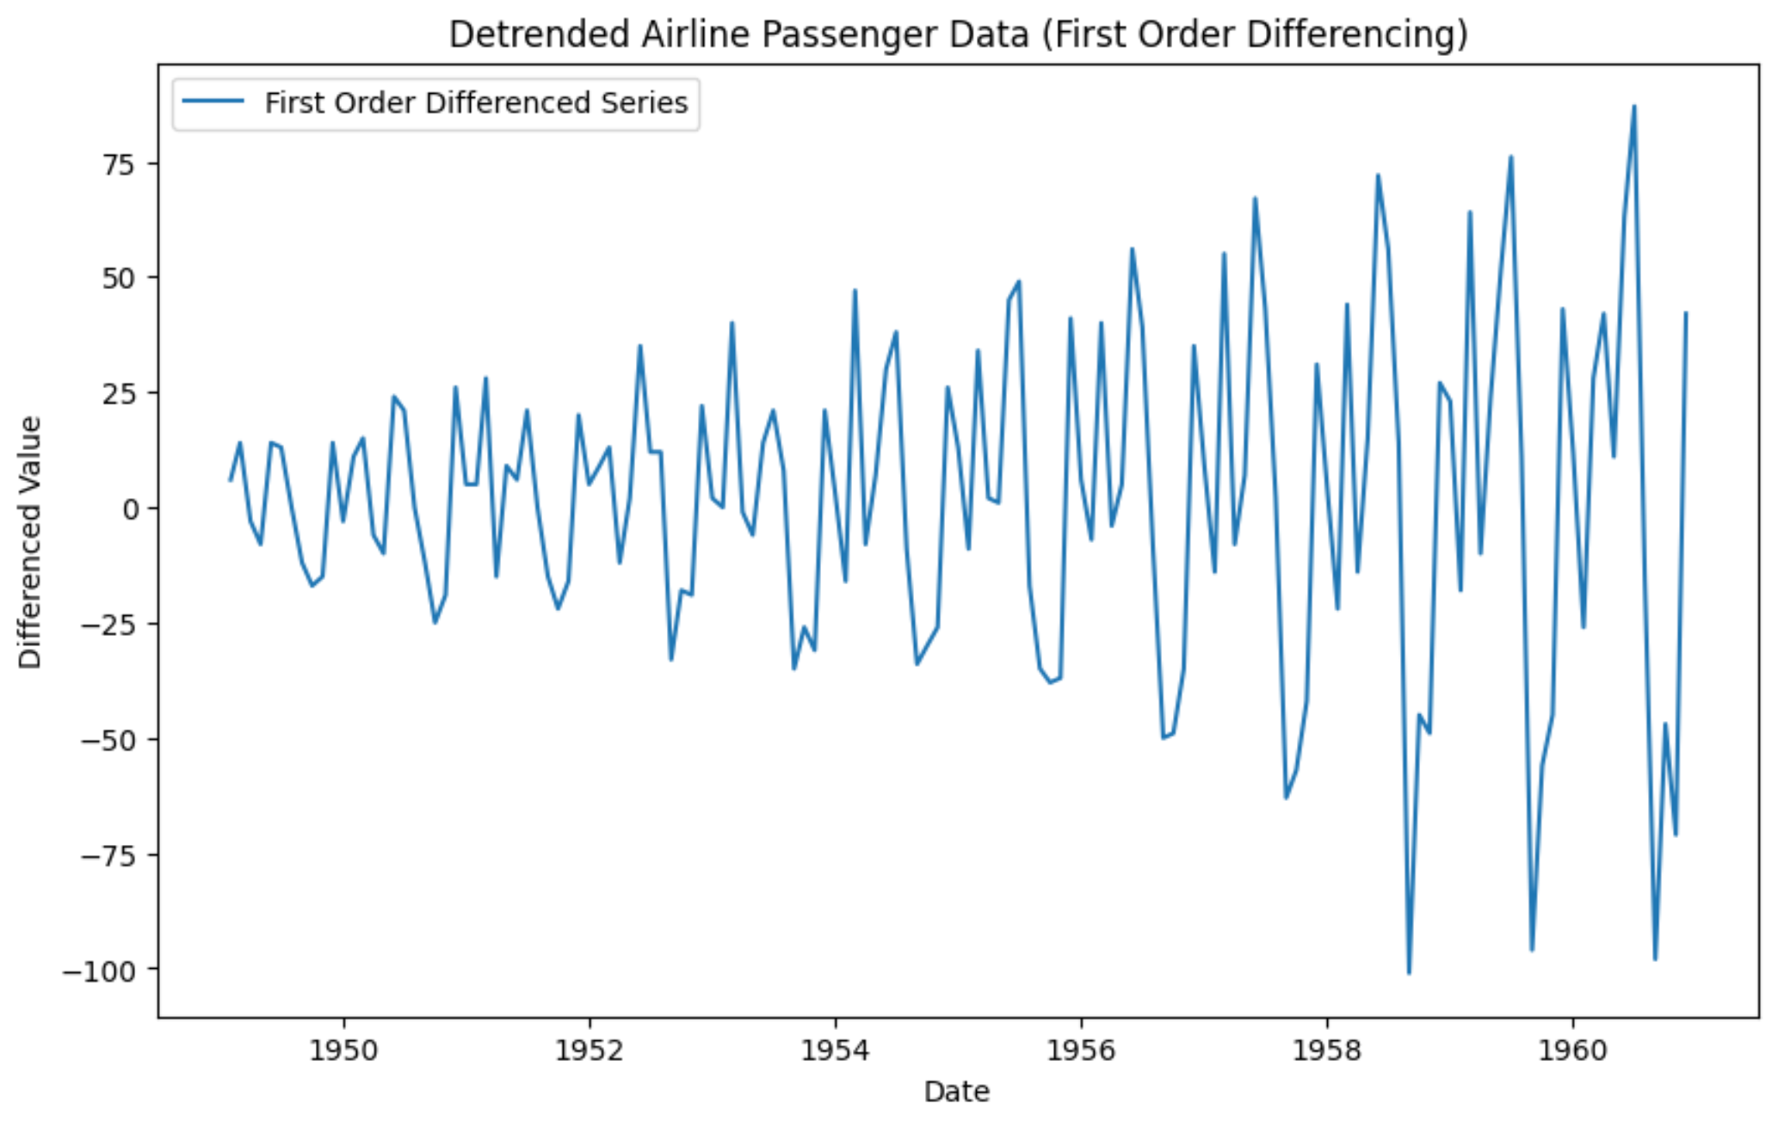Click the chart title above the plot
click(x=958, y=34)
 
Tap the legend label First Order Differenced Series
click(x=476, y=103)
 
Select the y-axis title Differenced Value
click(x=30, y=542)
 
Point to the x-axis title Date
click(x=956, y=1092)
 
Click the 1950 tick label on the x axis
click(x=343, y=1051)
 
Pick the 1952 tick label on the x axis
click(x=590, y=1051)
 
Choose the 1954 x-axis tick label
click(x=835, y=1051)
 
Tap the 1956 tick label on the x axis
click(x=1081, y=1051)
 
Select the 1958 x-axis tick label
click(x=1326, y=1051)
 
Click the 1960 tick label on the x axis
click(x=1572, y=1051)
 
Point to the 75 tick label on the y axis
click(x=120, y=163)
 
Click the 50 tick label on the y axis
click(x=120, y=278)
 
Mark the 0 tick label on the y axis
click(x=131, y=509)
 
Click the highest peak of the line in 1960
click(x=1633, y=107)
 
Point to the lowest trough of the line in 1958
click(x=1409, y=972)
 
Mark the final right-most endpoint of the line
click(x=1686, y=313)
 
